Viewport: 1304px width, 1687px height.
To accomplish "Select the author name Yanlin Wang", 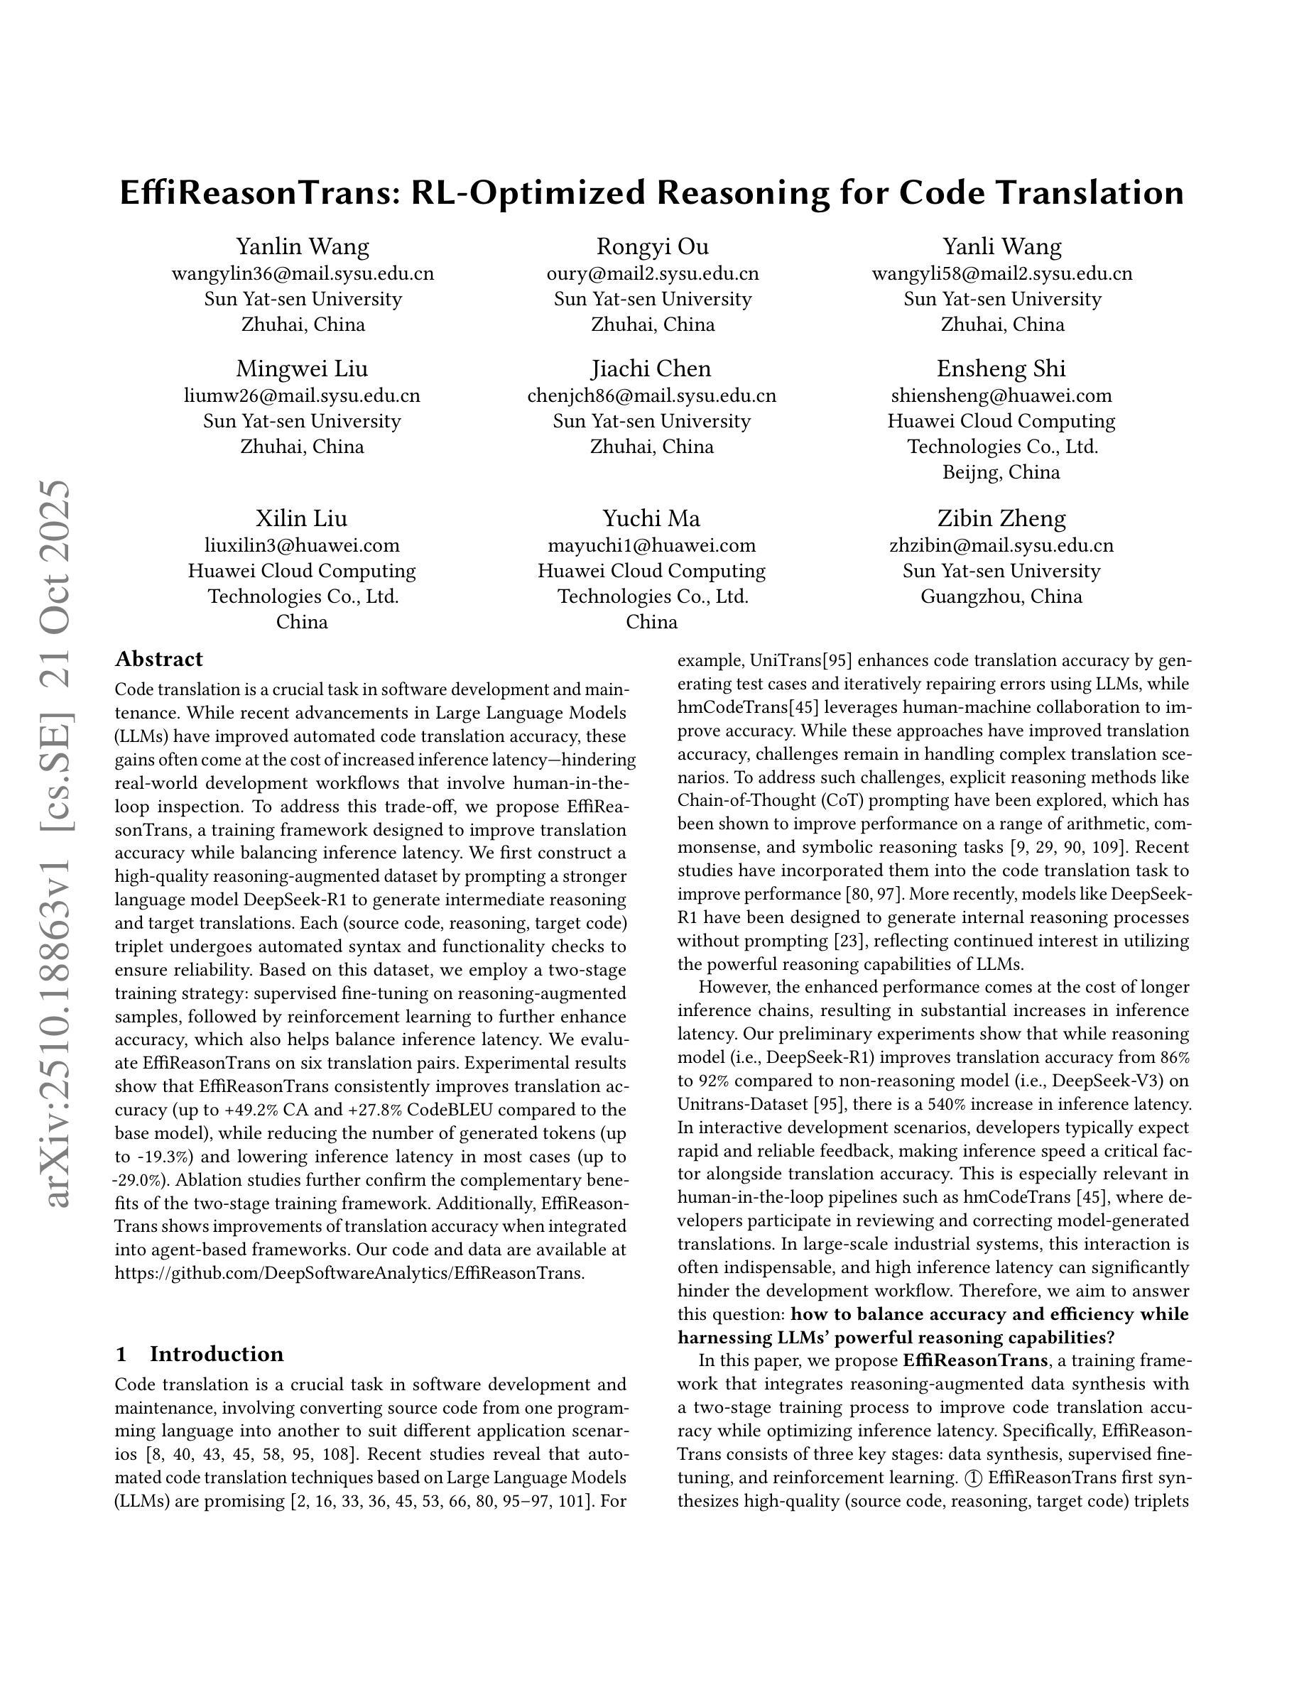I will (302, 246).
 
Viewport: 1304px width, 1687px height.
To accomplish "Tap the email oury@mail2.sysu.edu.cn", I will (652, 273).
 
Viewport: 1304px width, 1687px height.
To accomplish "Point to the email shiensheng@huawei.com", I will (1001, 395).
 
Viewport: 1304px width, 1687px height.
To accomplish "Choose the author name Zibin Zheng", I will (1001, 518).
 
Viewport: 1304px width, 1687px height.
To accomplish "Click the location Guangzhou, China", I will (1001, 596).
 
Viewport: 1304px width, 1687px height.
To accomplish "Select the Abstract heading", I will (158, 659).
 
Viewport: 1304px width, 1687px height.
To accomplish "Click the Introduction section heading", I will (217, 1376).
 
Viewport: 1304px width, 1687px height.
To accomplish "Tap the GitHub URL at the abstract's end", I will (349, 1273).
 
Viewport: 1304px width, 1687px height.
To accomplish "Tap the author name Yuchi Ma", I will (651, 518).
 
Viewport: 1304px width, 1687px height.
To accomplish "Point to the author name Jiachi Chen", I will (651, 368).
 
